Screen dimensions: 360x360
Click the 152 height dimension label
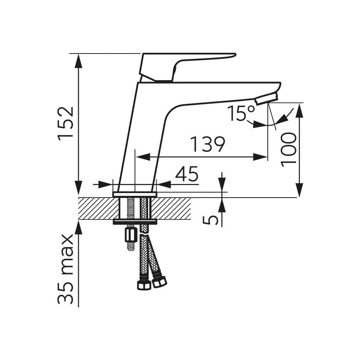(x=66, y=124)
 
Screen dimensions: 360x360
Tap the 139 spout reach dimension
(x=207, y=144)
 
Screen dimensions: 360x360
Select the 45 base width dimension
(x=186, y=174)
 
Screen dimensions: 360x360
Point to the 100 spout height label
(x=288, y=149)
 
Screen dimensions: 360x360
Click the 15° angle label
(x=241, y=113)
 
